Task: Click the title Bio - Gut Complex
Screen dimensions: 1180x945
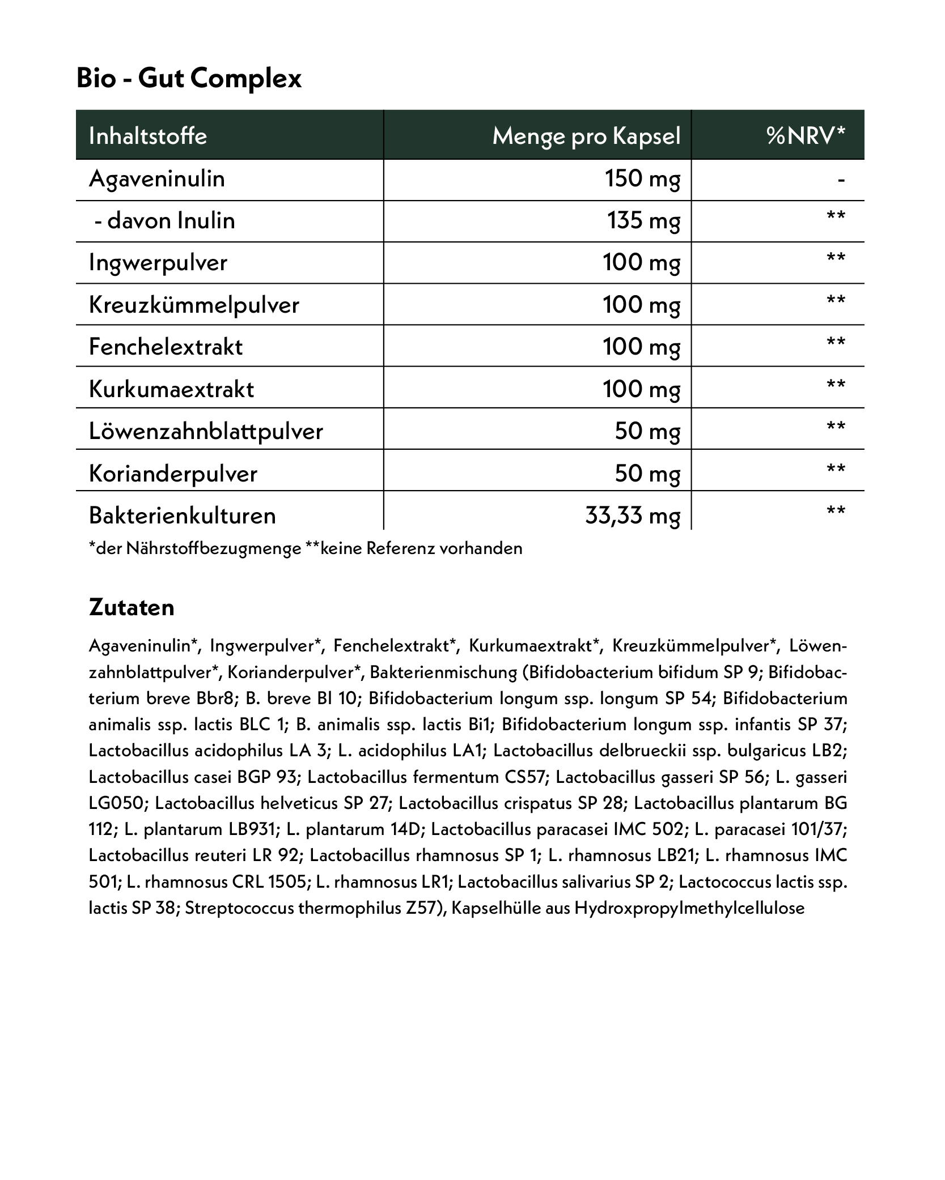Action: point(189,78)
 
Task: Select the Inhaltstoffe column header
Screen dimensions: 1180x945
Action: point(148,136)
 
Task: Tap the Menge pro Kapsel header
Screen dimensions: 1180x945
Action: point(586,136)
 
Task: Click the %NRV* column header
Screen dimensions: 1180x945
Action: point(806,136)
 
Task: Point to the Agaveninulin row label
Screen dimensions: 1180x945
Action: point(157,179)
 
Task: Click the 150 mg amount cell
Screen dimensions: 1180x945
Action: point(642,179)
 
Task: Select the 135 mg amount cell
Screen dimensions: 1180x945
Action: point(643,220)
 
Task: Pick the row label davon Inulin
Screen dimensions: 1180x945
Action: point(164,220)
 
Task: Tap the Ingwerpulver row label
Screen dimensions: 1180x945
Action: point(158,263)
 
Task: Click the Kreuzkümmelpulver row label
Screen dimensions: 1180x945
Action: point(194,305)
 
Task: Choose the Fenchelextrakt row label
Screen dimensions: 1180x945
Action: point(166,347)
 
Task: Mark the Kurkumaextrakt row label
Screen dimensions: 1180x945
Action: point(171,389)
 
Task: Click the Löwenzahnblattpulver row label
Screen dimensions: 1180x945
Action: point(206,431)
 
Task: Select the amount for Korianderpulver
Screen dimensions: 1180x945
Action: point(647,473)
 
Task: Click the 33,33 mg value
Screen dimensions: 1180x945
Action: point(632,516)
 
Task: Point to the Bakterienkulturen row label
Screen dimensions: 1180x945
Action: point(183,516)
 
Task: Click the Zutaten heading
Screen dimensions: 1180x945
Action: point(132,608)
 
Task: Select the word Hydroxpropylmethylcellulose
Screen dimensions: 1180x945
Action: point(689,908)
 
